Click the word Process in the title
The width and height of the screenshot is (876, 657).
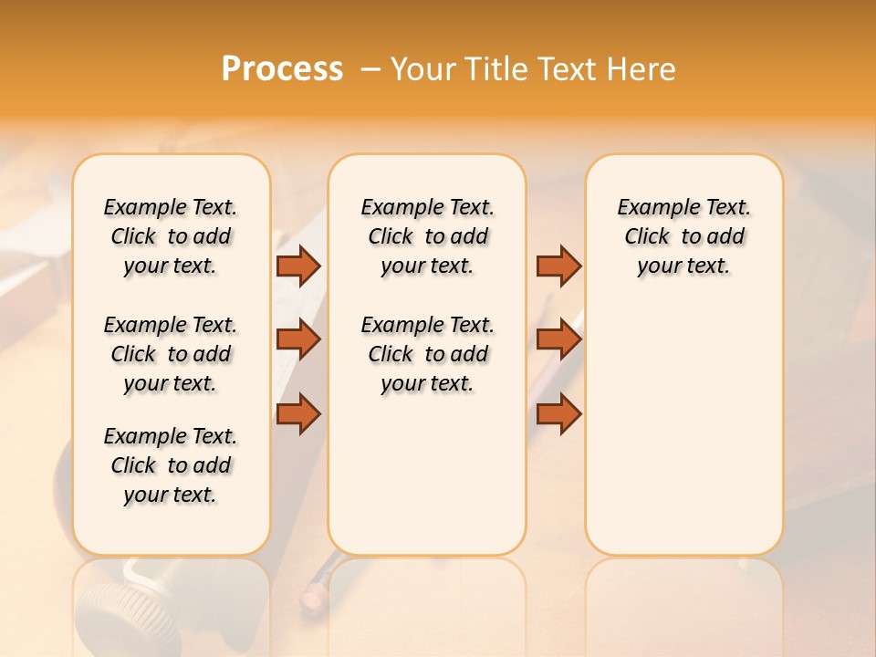[x=282, y=68]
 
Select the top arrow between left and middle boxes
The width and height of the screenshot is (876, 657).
[x=298, y=266]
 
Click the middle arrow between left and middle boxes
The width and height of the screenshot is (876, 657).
[x=298, y=339]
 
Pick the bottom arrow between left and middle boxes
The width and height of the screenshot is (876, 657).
[x=298, y=413]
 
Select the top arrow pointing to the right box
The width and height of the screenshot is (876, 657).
[x=558, y=266]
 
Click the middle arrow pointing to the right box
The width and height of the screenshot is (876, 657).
[x=558, y=339]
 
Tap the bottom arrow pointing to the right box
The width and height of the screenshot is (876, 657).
[x=558, y=413]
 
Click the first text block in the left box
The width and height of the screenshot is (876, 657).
[x=171, y=236]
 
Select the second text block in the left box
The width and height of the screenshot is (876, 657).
[x=171, y=354]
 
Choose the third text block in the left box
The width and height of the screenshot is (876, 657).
[x=171, y=465]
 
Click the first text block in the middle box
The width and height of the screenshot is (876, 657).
[x=427, y=236]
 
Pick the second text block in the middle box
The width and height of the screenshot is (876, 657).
[x=427, y=354]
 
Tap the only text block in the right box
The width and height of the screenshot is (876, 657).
[x=683, y=236]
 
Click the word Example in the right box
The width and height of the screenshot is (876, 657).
[x=651, y=207]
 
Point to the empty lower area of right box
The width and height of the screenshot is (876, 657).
[x=683, y=429]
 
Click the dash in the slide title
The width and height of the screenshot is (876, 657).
[x=370, y=69]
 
